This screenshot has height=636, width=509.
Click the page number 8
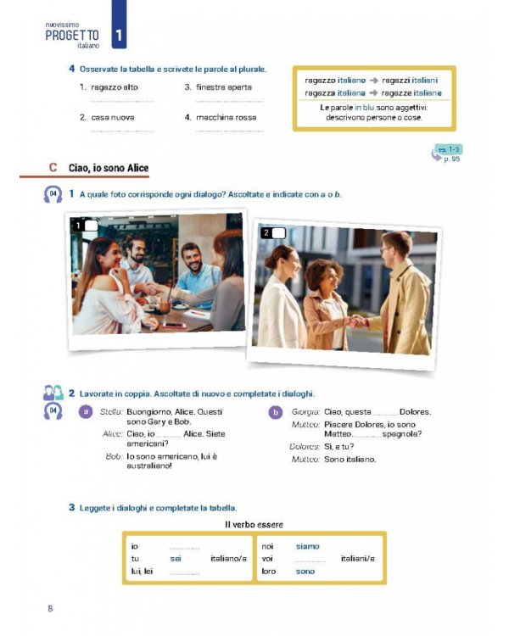(50, 608)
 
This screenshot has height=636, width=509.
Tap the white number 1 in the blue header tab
(120, 35)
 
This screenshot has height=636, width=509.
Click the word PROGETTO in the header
(73, 35)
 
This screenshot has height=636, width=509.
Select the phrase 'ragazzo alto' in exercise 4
(115, 87)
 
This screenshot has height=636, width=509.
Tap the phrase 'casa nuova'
(113, 117)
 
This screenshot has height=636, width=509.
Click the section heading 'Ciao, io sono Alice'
(109, 168)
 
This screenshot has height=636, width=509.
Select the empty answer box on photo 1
(92, 226)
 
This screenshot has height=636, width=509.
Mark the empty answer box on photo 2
(278, 232)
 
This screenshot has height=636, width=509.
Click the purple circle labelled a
(85, 413)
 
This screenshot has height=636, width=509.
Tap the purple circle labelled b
(274, 413)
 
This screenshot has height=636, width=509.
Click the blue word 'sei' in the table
(176, 559)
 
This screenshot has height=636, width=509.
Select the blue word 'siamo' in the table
(307, 546)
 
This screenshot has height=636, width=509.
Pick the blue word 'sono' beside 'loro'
(305, 572)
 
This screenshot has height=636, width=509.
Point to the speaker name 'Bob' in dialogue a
(115, 456)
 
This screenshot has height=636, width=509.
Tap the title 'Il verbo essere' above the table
(254, 525)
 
